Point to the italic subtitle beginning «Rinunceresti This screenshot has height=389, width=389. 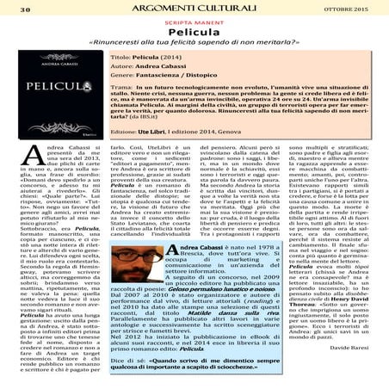[194, 53]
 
